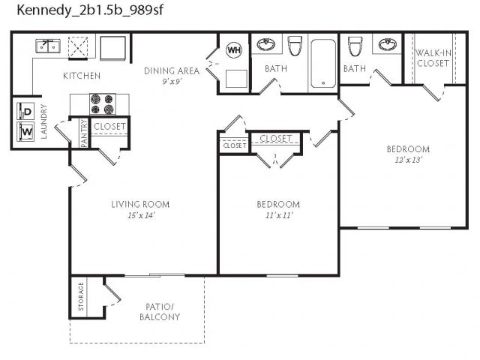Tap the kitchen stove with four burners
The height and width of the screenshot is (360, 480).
coord(99,103)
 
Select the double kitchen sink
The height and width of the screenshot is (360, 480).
coord(48,46)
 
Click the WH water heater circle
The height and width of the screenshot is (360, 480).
coord(234,50)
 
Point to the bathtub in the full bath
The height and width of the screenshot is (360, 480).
coord(323,62)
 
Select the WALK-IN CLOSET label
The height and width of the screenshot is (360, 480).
coord(432,58)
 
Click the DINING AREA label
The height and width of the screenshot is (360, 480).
coord(172,70)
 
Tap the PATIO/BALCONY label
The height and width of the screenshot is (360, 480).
coord(159,311)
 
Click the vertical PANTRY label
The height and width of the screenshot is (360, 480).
coord(84,133)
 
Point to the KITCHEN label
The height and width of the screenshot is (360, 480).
coord(81,76)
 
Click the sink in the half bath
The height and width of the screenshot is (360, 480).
coord(387,44)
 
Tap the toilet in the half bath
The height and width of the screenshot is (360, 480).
coord(354,46)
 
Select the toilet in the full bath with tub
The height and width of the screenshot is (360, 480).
coord(294,46)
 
